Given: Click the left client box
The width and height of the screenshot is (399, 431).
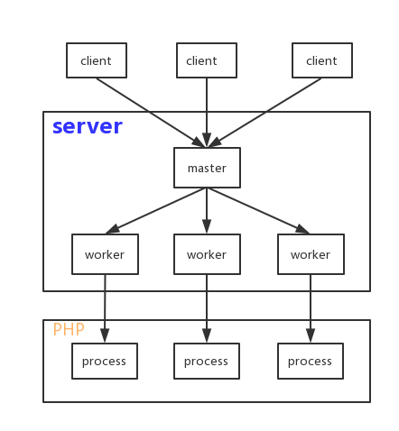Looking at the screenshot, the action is click(x=97, y=60).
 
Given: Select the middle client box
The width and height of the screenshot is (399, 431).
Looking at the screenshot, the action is click(x=207, y=60).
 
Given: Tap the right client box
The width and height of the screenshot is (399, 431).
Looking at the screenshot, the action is click(x=322, y=60).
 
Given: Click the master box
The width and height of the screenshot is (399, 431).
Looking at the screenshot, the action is click(x=207, y=168).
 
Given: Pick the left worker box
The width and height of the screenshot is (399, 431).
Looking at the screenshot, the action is click(x=105, y=254).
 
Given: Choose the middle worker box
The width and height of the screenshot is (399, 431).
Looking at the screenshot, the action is click(x=207, y=254).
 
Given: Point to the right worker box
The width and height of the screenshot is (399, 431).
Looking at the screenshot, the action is click(x=311, y=254).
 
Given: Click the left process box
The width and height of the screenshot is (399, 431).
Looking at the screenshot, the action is click(x=105, y=361).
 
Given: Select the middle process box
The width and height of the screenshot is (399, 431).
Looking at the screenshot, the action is click(x=207, y=361).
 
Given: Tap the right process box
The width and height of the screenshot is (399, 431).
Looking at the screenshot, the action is click(x=311, y=361).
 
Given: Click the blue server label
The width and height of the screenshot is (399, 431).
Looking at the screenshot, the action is click(x=88, y=126).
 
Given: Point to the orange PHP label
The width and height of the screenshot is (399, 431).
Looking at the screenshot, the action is click(x=69, y=329).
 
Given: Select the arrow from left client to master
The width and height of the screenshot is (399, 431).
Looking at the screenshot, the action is click(x=151, y=113).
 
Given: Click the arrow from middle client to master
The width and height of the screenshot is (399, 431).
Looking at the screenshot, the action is click(x=207, y=113).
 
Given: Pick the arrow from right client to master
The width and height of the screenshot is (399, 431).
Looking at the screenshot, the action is click(x=264, y=113).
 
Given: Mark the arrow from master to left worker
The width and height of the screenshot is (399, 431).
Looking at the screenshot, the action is click(x=156, y=211).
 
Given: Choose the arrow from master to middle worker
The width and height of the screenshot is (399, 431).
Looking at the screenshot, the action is click(x=207, y=211).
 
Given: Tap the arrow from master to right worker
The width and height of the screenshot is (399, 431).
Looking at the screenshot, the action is click(x=258, y=211).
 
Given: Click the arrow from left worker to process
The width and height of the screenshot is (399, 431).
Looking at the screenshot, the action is click(x=105, y=308).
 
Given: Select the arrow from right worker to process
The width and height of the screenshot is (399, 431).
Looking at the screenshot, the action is click(x=311, y=308).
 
